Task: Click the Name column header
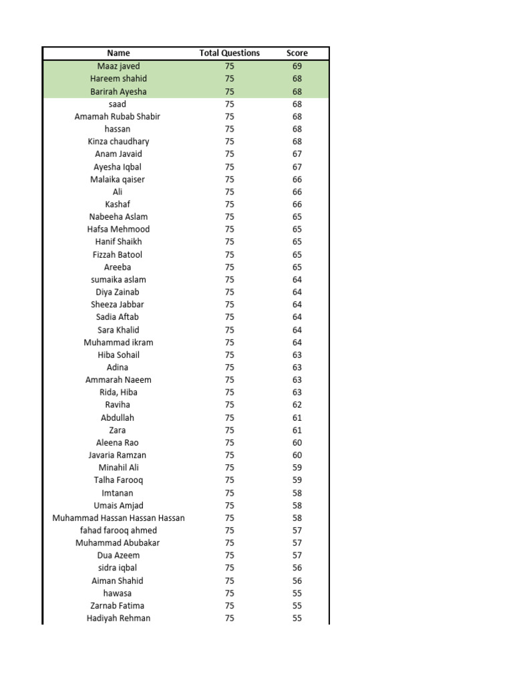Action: tap(118, 53)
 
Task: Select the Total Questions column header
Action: tap(229, 53)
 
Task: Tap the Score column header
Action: tap(297, 53)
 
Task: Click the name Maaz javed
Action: tap(118, 66)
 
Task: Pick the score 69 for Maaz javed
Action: tap(297, 66)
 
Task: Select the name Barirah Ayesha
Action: tap(118, 92)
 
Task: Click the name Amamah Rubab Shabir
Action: tap(118, 116)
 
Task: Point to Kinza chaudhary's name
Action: tap(118, 142)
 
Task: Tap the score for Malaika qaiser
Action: tap(297, 179)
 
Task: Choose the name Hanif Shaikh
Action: tap(118, 242)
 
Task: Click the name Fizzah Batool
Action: tap(118, 254)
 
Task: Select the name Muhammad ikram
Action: tap(118, 342)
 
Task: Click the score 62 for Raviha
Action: tap(297, 405)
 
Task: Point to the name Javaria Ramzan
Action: tap(118, 455)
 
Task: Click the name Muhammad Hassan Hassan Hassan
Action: tap(119, 518)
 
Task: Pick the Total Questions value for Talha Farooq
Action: tap(229, 480)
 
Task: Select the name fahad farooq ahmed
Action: tap(118, 530)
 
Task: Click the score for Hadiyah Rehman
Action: tap(297, 618)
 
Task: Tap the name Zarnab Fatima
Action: tap(118, 606)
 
